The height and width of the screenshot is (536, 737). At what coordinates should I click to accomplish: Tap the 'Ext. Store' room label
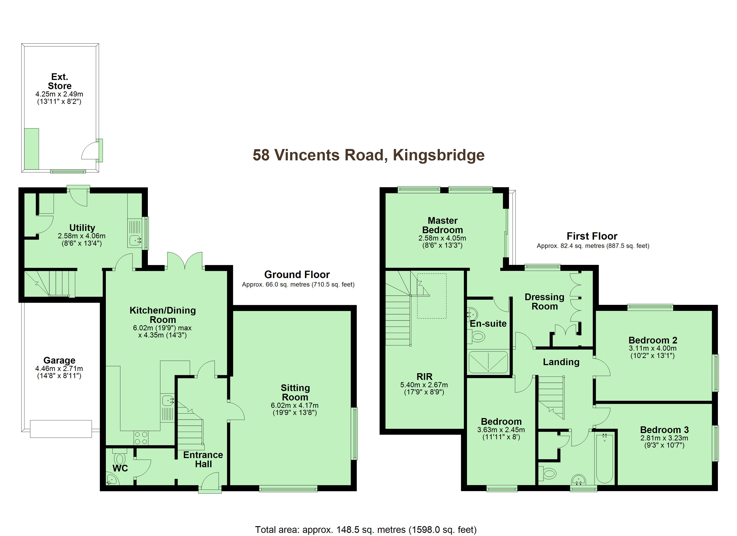click(59, 81)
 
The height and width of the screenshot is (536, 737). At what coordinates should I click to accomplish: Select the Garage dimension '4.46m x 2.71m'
click(59, 368)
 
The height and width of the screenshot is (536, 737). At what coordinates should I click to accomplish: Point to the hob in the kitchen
click(141, 438)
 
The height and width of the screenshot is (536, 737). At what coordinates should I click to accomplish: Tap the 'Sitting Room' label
click(295, 392)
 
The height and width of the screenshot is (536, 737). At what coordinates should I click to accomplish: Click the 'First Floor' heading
click(592, 236)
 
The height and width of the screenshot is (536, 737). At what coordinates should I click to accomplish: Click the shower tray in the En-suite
click(488, 362)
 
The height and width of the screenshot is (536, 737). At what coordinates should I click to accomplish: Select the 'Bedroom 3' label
click(664, 430)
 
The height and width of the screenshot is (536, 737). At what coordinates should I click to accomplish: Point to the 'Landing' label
click(561, 362)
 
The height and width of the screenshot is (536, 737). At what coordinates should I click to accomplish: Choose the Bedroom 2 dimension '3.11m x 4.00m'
click(653, 348)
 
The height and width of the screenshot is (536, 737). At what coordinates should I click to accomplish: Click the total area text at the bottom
click(366, 530)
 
